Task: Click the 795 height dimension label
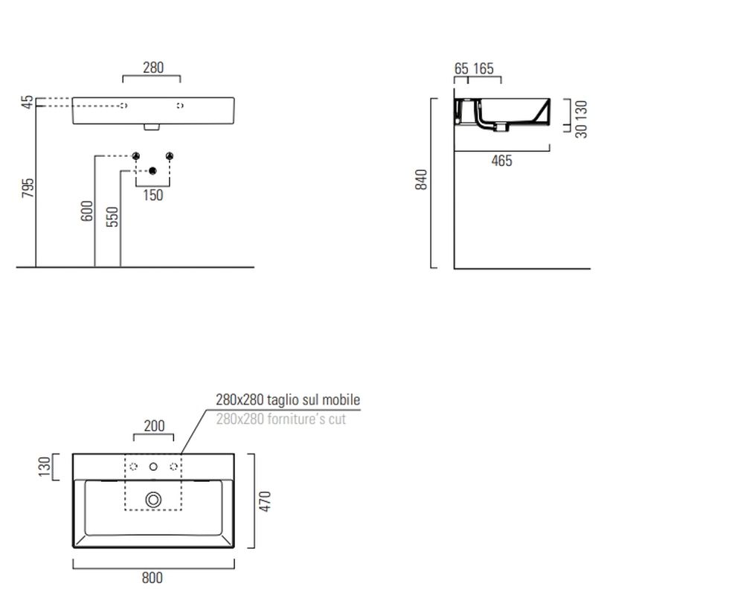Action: pos(28,187)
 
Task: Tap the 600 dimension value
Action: pos(87,211)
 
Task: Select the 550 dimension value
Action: pos(112,217)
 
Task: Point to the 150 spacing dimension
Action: pos(153,195)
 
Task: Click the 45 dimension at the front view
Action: pos(28,103)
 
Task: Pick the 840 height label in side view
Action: pos(421,179)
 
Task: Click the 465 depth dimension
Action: pos(501,161)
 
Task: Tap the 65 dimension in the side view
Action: pos(461,68)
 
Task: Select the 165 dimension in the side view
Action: pos(484,68)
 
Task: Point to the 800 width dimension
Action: pos(152,578)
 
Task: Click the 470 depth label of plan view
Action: pos(265,501)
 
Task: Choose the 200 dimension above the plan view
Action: pos(155,425)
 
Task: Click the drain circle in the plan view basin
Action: pos(153,500)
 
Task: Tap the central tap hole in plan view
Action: pos(153,467)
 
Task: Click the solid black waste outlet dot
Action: pos(152,171)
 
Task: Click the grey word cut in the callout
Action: pos(337,419)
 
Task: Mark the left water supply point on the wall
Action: pos(135,155)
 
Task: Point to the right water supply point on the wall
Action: pos(170,155)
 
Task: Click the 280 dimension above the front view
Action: pos(153,68)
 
